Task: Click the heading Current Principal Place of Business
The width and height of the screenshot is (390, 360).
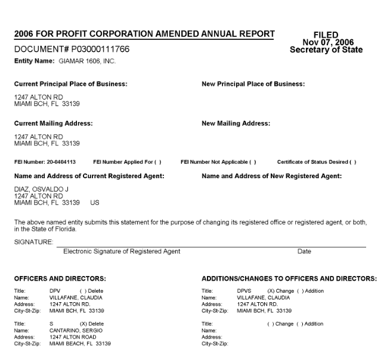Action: pos(70,84)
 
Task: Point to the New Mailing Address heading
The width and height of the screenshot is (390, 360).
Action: pos(236,123)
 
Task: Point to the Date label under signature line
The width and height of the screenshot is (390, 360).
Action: pos(304,252)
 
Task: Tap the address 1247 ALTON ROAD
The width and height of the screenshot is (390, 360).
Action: pos(72,336)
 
